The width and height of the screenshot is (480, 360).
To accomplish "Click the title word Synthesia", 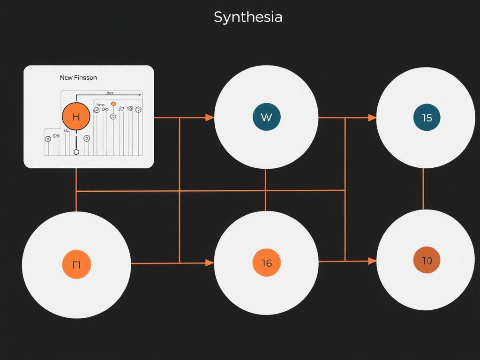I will coord(248,17).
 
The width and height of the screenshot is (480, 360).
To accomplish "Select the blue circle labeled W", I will coord(266,117).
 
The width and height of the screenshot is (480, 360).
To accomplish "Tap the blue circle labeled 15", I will coord(427,117).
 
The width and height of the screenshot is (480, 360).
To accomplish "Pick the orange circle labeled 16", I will coord(266,262).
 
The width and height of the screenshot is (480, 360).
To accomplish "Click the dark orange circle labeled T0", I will coord(427,260).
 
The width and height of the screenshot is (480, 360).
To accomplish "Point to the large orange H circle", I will coord(76,116).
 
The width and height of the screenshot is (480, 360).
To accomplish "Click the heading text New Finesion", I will coord(78,78).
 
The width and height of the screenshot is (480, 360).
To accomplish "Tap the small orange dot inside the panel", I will coord(113,104).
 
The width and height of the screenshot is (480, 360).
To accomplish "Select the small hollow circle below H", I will coord(76,152).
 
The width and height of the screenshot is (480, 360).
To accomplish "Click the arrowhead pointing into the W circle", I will coord(210,117).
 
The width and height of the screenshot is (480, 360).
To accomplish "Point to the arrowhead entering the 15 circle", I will coord(372,117).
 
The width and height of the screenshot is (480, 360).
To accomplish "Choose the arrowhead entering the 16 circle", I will coord(210,263).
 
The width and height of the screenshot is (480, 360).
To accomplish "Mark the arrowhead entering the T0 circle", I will coord(372,261).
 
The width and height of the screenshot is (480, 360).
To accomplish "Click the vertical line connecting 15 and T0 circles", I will coord(423,188).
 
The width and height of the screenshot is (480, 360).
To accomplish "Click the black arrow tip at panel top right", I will coord(140,95).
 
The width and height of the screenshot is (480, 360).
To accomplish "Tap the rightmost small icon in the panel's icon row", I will coord(138,109).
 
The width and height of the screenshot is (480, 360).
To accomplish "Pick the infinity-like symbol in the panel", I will coord(105,109).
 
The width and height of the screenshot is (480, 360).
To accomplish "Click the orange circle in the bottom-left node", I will coord(76,265).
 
